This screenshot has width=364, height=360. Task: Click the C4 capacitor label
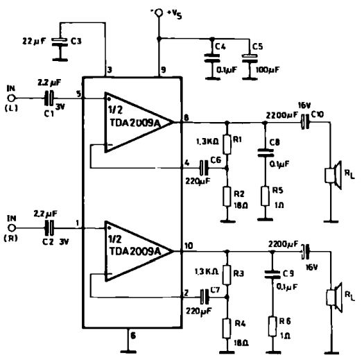(220, 46)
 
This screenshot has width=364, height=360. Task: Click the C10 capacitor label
(320, 113)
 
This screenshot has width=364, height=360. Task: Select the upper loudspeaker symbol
(332, 174)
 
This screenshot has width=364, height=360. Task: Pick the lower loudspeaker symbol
(332, 295)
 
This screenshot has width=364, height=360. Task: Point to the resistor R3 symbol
(225, 276)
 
